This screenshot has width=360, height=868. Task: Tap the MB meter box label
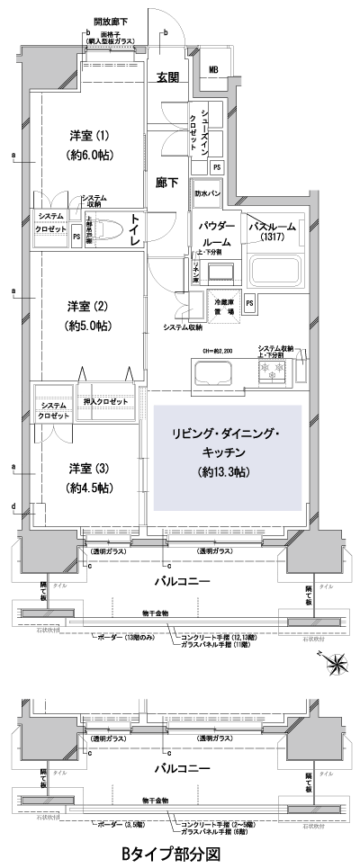click(x=214, y=70)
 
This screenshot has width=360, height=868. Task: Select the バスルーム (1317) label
click(x=272, y=231)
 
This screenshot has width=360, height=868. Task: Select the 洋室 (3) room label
click(x=89, y=470)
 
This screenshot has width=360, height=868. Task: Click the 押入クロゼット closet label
click(x=104, y=401)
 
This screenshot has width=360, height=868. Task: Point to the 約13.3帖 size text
click(x=226, y=471)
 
